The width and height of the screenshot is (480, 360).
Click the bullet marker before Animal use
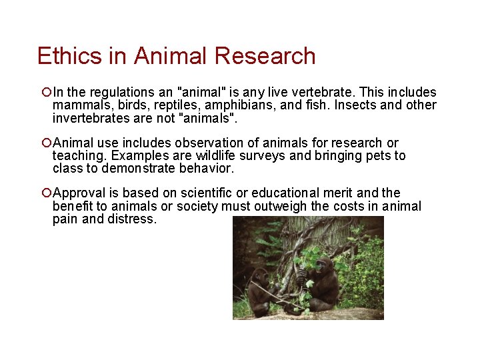[x=45, y=143]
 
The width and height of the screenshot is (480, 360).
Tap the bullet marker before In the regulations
[x=45, y=92]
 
